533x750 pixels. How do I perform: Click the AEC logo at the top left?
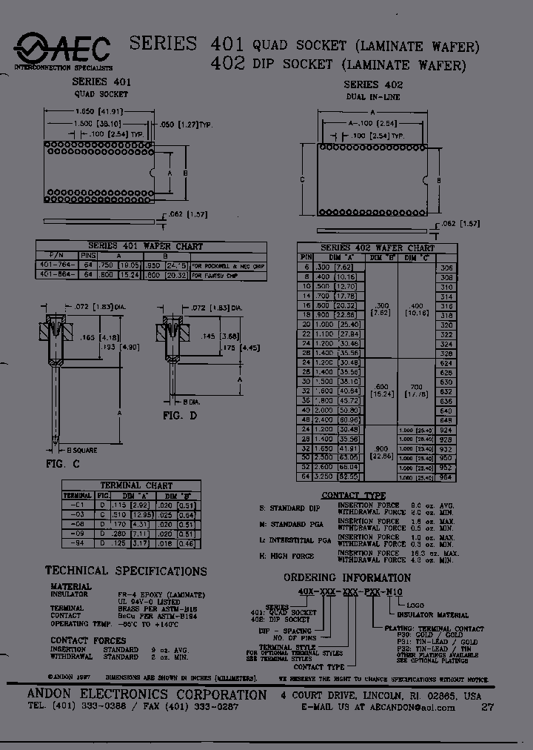point(63,51)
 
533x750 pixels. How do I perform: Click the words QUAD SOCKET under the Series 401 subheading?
point(101,94)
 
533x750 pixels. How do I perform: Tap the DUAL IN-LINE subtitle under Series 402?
point(372,97)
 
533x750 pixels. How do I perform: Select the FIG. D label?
point(180,416)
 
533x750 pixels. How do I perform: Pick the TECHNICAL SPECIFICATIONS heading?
point(126,571)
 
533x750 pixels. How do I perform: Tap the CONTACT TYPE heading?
point(354,495)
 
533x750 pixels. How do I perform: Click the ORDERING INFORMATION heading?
point(347,578)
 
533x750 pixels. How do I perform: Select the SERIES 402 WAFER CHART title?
point(377,248)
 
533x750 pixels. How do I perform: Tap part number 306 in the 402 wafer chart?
point(446,268)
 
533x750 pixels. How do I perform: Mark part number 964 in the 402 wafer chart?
point(446,478)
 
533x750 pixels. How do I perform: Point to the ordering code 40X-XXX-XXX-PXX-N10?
point(341,592)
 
